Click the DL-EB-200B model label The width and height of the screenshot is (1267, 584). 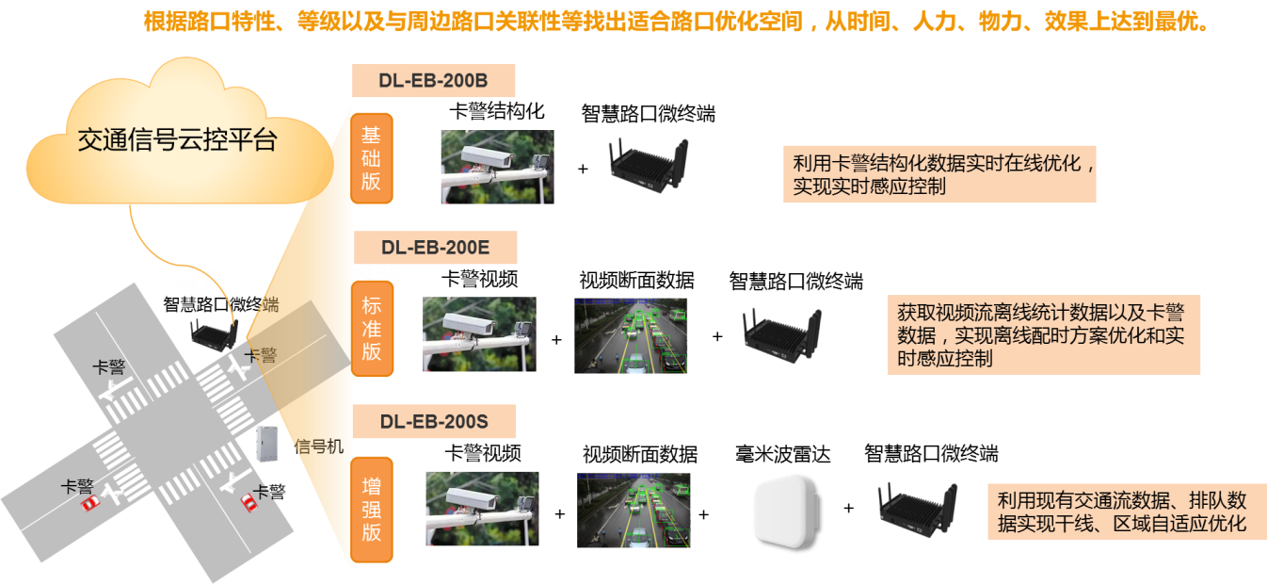point(433,80)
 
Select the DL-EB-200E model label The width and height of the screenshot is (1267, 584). point(435,248)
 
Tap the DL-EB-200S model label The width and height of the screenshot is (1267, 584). point(434,422)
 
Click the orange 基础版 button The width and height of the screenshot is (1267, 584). point(372,158)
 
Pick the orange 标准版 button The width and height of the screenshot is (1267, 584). point(372,329)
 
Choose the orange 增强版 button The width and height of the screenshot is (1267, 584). point(372,510)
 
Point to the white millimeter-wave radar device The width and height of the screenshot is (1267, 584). point(787,511)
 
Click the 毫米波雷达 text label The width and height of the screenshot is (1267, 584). point(783,454)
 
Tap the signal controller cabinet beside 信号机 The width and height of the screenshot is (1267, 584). point(268,443)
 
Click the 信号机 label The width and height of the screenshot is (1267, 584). point(319,446)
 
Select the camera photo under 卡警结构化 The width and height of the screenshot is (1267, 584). point(498,167)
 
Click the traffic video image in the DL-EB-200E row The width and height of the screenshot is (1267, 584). point(631,335)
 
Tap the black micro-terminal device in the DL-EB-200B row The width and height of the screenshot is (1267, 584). point(650,164)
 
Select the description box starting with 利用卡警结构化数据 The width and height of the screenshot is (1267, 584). point(939,174)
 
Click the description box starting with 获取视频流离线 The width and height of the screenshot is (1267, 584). point(1044,335)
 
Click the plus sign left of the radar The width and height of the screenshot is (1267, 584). point(704,515)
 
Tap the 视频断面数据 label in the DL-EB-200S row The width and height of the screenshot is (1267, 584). point(640,454)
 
